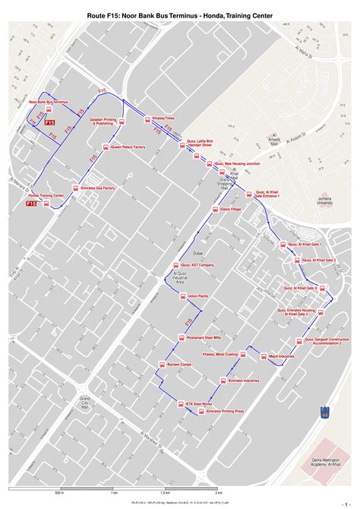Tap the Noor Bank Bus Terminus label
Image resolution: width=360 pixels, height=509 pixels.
pos(49,102)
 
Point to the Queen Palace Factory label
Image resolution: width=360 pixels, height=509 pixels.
pos(128,147)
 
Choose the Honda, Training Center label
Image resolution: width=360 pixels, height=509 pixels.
pos(46,195)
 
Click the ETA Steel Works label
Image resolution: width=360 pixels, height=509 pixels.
pos(198,403)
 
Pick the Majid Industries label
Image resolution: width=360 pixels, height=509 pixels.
pos(280,356)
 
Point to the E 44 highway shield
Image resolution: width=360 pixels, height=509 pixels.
pos(326,413)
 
